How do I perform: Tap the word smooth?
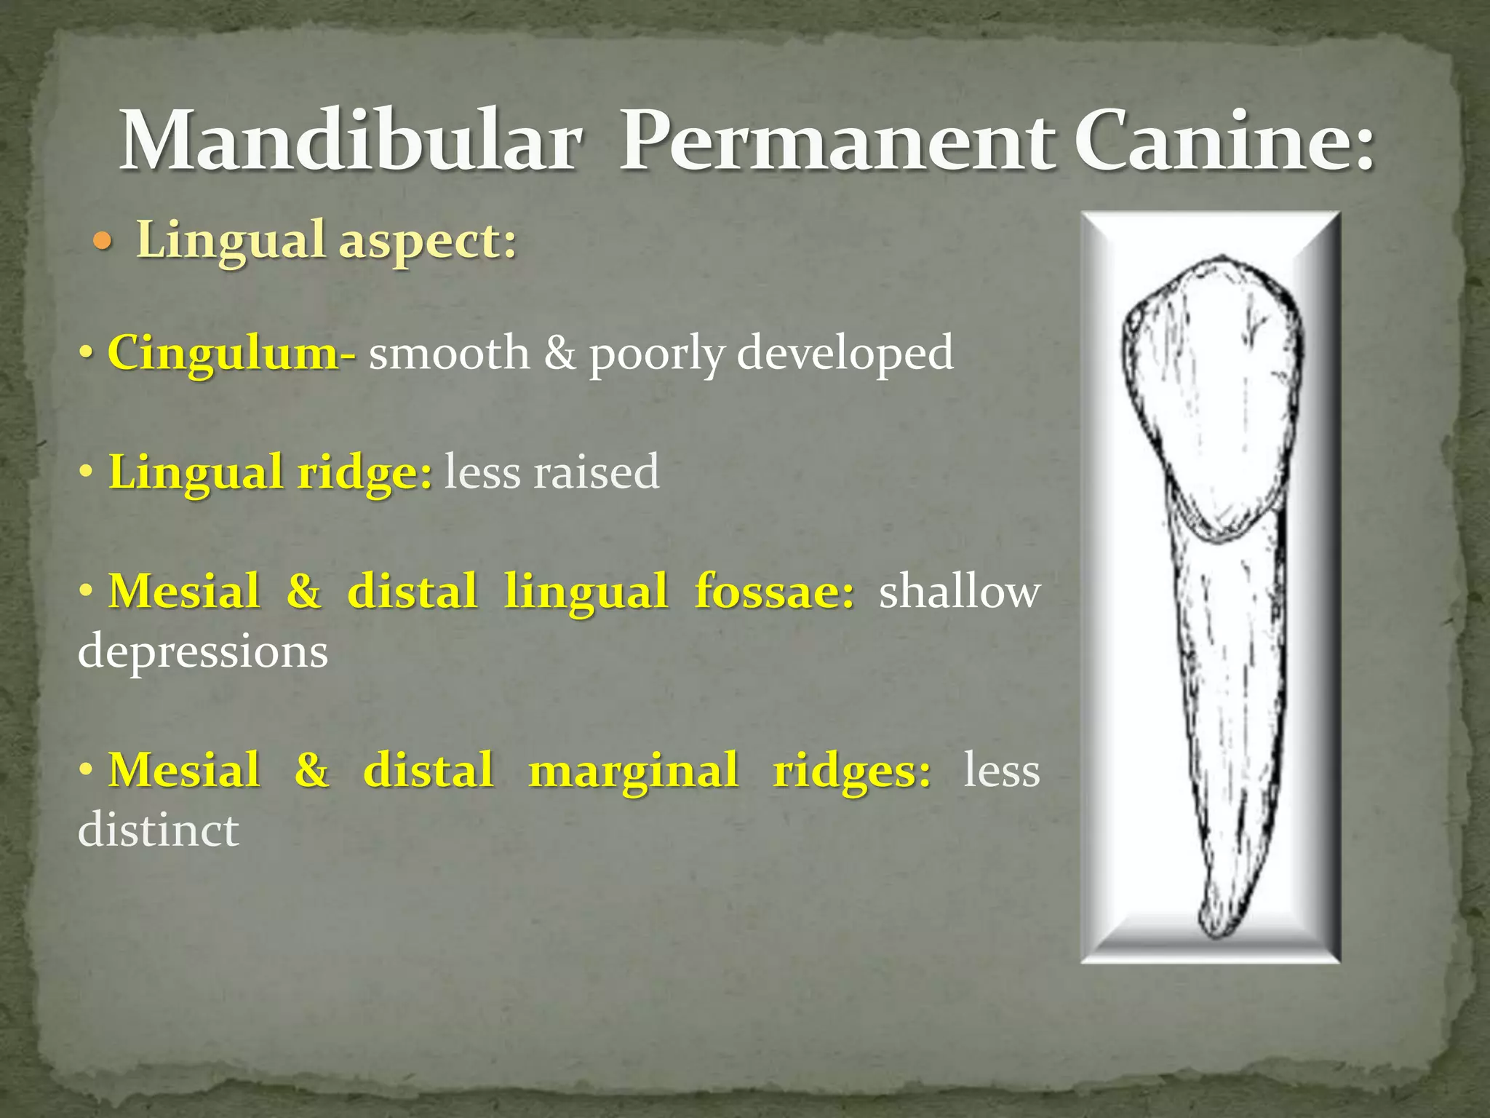[x=449, y=353]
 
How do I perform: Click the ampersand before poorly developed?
[x=559, y=353]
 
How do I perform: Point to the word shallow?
[x=959, y=591]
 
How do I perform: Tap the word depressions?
[x=203, y=651]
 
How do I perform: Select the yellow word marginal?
[x=633, y=770]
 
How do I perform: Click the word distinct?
[x=159, y=830]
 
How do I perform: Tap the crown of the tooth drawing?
[x=1211, y=393]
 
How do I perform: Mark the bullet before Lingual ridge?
[x=87, y=472]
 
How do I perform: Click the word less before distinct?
[x=1001, y=770]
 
